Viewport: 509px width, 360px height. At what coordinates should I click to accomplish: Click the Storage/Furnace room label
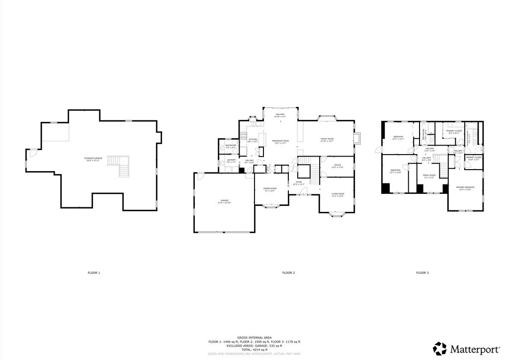pos(93,159)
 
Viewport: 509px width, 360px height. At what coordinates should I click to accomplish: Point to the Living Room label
pos(338,194)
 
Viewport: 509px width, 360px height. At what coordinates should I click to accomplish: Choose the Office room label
pos(337,166)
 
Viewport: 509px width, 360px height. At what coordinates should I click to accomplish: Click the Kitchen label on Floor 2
pos(253,140)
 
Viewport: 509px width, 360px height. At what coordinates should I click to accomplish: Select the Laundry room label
pos(231,161)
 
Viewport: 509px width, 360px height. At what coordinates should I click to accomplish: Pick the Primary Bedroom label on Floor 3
pos(465,188)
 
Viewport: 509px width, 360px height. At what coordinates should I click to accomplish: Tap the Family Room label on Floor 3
pos(428,176)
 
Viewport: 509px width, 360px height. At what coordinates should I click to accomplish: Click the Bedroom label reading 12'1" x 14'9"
pos(395,172)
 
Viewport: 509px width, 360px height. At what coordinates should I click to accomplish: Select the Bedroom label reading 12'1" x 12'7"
pos(398,138)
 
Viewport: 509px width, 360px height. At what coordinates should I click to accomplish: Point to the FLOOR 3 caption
pos(422,273)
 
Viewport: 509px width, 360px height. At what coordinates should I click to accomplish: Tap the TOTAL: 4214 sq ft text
pos(254,350)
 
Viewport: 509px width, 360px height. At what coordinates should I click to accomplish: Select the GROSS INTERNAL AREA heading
pos(254,337)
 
